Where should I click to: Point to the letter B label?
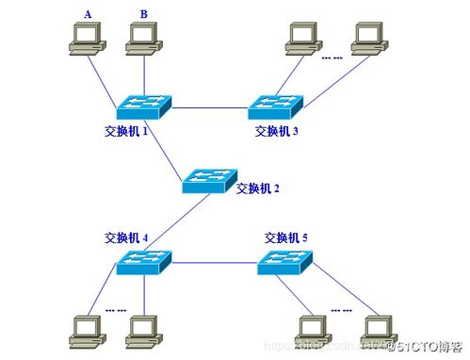(x=143, y=13)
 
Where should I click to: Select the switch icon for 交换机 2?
(x=210, y=179)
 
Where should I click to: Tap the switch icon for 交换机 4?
(x=144, y=263)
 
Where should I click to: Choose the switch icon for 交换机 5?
(x=285, y=263)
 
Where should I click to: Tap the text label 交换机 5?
(x=287, y=237)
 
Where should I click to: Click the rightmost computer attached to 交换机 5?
(x=379, y=327)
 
